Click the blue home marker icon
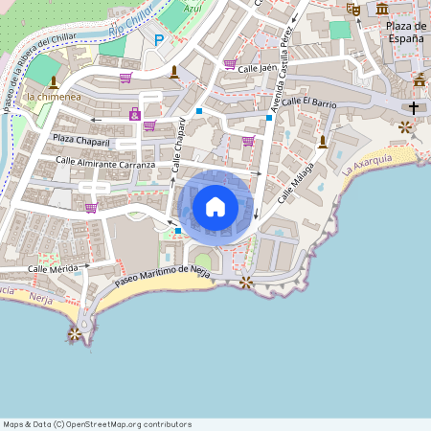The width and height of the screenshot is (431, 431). point(215,206)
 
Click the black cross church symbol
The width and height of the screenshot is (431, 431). point(414,107)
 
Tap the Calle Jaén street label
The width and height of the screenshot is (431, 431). point(263,68)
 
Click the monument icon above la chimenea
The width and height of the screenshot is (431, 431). point(53,81)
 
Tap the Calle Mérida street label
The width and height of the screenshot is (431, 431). point(53,269)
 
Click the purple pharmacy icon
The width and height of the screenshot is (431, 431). point(134,115)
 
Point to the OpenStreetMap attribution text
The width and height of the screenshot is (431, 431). point(97,424)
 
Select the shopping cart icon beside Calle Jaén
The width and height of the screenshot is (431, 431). point(230,64)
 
